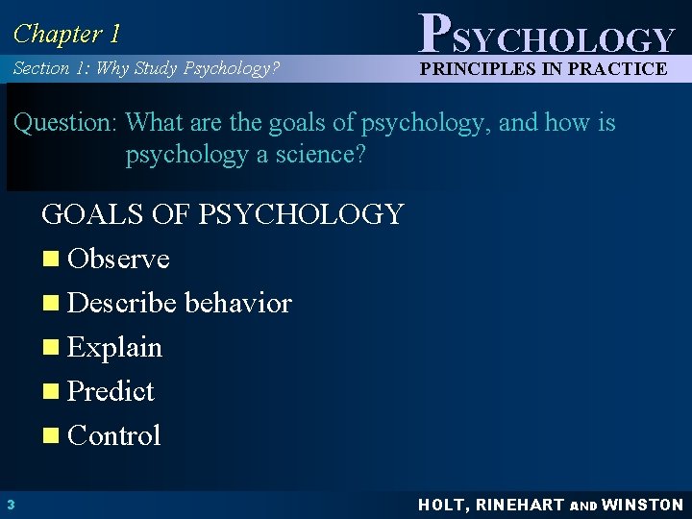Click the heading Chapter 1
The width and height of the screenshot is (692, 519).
[x=67, y=34]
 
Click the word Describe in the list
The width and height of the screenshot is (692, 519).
[x=123, y=303]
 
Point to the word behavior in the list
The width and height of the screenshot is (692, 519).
[x=238, y=303]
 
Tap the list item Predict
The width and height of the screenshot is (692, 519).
[x=111, y=391]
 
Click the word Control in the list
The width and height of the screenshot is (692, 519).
[x=114, y=435]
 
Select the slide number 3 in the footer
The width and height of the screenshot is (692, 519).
[x=9, y=505]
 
